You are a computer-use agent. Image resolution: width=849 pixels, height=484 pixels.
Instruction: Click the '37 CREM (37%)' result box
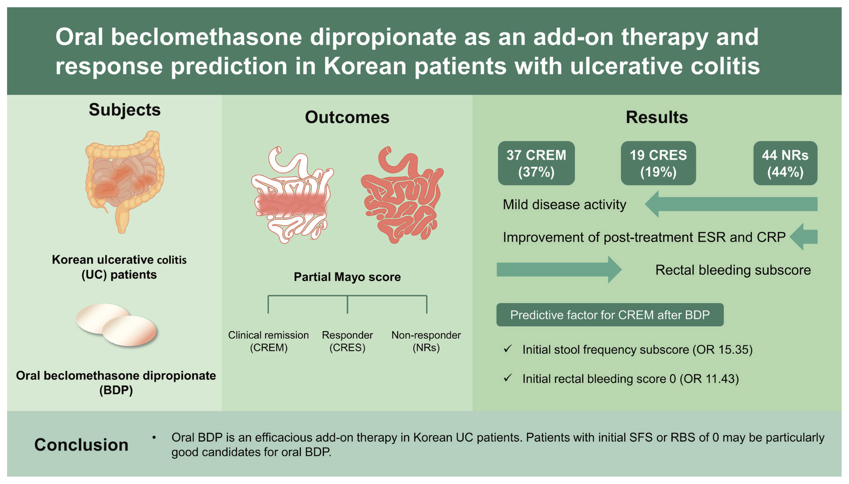pyautogui.click(x=536, y=163)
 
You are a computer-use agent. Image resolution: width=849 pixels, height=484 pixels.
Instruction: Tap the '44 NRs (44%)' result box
pyautogui.click(x=785, y=163)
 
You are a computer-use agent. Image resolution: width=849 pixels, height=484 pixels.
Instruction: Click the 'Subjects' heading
pyautogui.click(x=125, y=110)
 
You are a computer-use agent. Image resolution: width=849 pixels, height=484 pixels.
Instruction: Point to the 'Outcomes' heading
pyautogui.click(x=347, y=117)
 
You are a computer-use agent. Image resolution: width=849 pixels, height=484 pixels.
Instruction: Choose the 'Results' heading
pyautogui.click(x=657, y=117)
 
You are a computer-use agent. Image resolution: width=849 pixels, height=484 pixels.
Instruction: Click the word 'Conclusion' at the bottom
pyautogui.click(x=81, y=445)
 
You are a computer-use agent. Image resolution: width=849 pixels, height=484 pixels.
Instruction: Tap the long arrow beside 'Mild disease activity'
pyautogui.click(x=731, y=204)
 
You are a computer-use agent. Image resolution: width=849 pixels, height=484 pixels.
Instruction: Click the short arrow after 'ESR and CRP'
pyautogui.click(x=803, y=237)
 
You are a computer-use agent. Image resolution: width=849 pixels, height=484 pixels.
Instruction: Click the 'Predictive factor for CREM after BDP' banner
pyautogui.click(x=610, y=315)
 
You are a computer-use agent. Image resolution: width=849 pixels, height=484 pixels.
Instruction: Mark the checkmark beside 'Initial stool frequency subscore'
pyautogui.click(x=507, y=349)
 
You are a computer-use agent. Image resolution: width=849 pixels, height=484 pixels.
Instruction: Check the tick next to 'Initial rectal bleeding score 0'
pyautogui.click(x=507, y=378)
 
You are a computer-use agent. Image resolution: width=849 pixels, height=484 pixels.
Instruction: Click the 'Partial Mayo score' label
pyautogui.click(x=347, y=277)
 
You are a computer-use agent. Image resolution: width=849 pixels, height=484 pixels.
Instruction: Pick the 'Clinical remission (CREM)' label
pyautogui.click(x=268, y=341)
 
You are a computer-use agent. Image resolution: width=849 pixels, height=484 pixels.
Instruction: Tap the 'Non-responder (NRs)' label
pyautogui.click(x=426, y=341)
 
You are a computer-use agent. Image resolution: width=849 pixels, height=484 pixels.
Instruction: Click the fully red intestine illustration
pyautogui.click(x=402, y=195)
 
